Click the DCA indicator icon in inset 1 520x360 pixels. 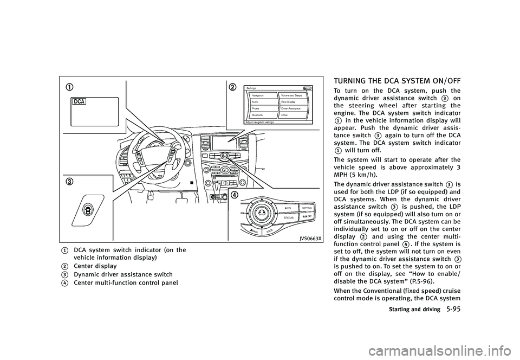pyautogui.click(x=79, y=102)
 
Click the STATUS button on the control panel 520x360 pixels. pyautogui.click(x=289, y=217)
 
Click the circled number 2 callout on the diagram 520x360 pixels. pyautogui.click(x=233, y=87)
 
